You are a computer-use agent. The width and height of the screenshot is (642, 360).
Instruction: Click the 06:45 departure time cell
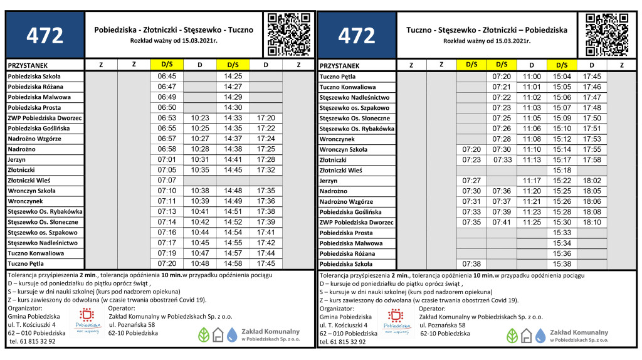[x=167, y=76]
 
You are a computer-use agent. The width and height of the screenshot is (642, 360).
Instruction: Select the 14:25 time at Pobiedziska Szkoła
[x=233, y=76]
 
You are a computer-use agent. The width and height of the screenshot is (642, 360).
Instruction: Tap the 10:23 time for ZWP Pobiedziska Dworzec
[x=200, y=118]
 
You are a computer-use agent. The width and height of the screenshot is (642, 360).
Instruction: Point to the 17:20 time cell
[x=266, y=118]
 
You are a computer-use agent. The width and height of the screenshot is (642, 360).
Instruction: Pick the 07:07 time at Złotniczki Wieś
[x=167, y=180]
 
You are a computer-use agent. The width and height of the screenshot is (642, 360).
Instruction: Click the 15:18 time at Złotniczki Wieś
[x=562, y=170]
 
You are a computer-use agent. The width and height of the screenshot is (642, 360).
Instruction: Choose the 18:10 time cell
[x=592, y=222]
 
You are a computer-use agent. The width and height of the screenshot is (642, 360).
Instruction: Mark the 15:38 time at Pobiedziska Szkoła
[x=562, y=264]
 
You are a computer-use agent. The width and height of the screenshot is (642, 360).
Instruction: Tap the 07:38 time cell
[x=471, y=264]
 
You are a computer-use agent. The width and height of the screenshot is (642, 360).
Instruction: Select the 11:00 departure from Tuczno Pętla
[x=532, y=76]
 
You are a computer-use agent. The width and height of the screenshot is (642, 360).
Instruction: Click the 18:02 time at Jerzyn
[x=592, y=181]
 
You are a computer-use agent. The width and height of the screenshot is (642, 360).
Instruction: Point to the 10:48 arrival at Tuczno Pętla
[x=200, y=263]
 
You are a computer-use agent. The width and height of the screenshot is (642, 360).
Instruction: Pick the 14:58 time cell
[x=233, y=263]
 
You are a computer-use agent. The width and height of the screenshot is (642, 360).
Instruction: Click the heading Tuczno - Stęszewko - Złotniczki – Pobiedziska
[x=487, y=29]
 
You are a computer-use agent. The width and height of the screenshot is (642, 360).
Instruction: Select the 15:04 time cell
[x=562, y=76]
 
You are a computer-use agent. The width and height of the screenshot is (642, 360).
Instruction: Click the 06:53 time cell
[x=167, y=118]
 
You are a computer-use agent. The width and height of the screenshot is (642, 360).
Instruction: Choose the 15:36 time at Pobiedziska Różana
[x=562, y=253]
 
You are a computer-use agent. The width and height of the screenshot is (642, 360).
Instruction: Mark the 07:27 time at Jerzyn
[x=471, y=181]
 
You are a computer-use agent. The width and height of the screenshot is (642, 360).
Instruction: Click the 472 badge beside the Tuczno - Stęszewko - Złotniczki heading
[x=357, y=36]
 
